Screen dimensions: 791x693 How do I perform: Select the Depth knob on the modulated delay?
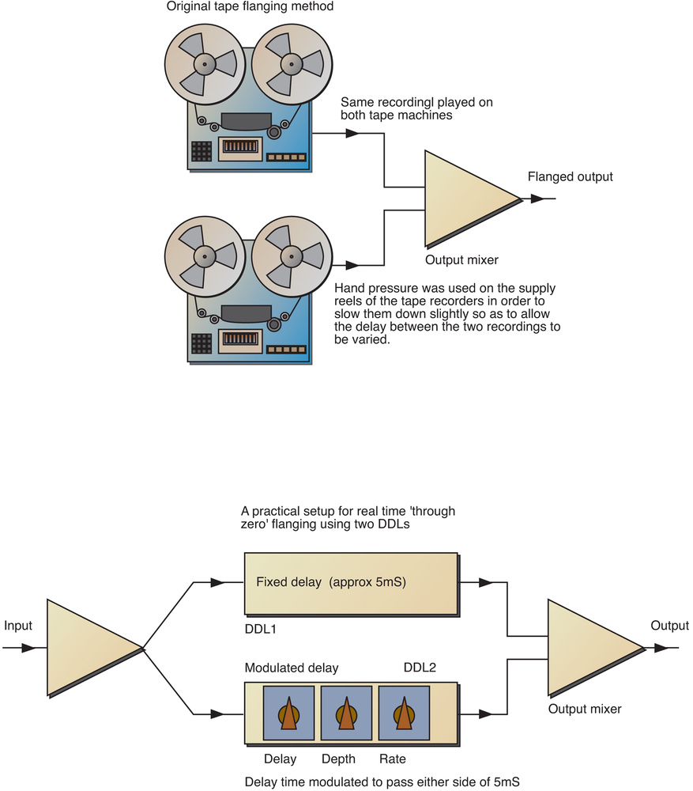345,712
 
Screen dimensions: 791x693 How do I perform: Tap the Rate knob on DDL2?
404,712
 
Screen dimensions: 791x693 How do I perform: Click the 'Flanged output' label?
570,177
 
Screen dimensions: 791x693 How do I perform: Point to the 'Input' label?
17,626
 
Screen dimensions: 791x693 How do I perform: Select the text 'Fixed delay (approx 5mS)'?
335,582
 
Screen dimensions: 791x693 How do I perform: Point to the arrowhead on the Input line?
28,648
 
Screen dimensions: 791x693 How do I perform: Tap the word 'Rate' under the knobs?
392,759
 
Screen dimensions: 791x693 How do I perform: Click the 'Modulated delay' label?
292,668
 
